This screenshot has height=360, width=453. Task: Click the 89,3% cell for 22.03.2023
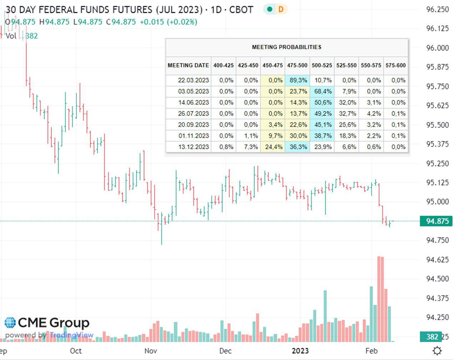tap(297, 80)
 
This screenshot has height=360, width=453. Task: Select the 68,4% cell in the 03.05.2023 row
tap(322, 91)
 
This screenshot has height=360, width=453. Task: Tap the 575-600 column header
tap(396, 65)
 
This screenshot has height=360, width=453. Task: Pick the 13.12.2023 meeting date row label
tap(193, 147)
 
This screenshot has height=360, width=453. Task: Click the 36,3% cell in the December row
tap(297, 147)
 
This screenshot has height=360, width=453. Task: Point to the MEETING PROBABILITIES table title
tap(287, 47)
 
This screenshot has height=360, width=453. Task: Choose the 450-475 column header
tap(273, 65)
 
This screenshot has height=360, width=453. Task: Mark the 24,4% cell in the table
tap(273, 147)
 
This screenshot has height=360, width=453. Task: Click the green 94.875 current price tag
tap(436, 221)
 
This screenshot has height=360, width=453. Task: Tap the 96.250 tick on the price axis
tap(437, 10)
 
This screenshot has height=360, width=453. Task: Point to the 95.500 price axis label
tap(437, 125)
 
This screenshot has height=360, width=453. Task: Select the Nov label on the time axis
tap(151, 351)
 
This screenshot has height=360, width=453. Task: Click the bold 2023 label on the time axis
tap(300, 351)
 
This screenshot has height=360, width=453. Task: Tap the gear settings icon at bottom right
tap(437, 351)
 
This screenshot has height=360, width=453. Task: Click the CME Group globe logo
tap(10, 323)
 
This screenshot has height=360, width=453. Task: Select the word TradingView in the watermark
tap(71, 335)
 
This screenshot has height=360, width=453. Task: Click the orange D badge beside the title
tap(281, 9)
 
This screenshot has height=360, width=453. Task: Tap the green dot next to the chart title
tap(270, 9)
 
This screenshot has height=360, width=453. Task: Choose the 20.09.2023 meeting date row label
tap(193, 125)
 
